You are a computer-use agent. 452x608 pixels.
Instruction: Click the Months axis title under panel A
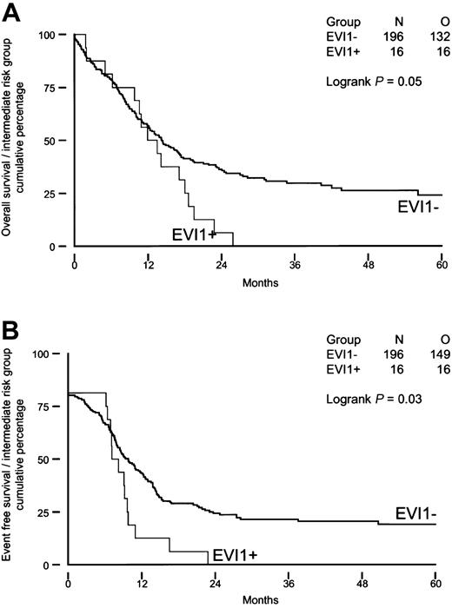258,281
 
